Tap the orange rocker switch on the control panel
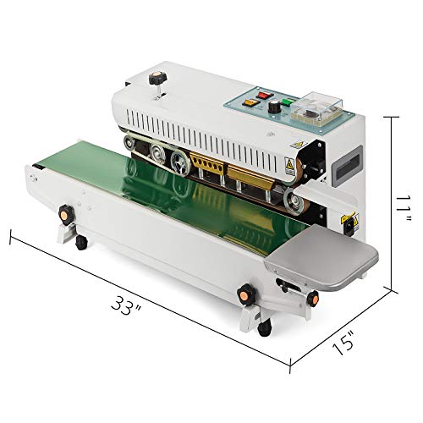[x=250, y=102]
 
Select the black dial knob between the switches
[x=273, y=107]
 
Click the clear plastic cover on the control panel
[x=316, y=108]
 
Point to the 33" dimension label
[x=125, y=305]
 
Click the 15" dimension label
[x=343, y=342]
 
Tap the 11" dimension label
[x=404, y=209]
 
